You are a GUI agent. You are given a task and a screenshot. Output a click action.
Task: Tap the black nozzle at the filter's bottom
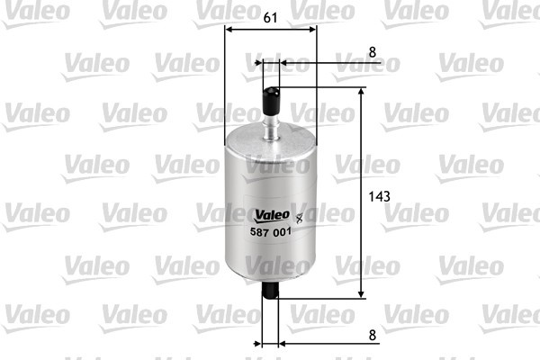(x=271, y=290)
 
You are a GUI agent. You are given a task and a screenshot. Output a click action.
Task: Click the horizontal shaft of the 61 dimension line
(x=270, y=30)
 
